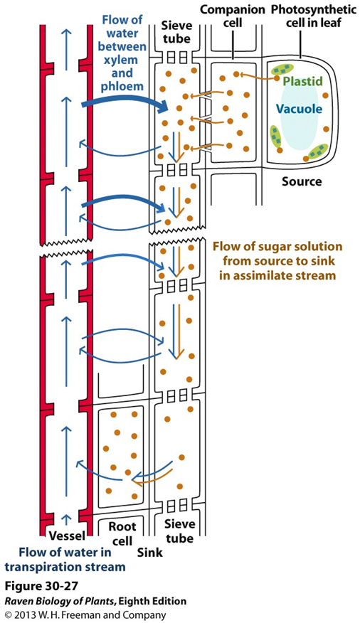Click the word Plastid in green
(x=302, y=82)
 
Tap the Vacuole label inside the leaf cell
(x=300, y=110)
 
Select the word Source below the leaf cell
(x=301, y=181)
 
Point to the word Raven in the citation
(x=21, y=601)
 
